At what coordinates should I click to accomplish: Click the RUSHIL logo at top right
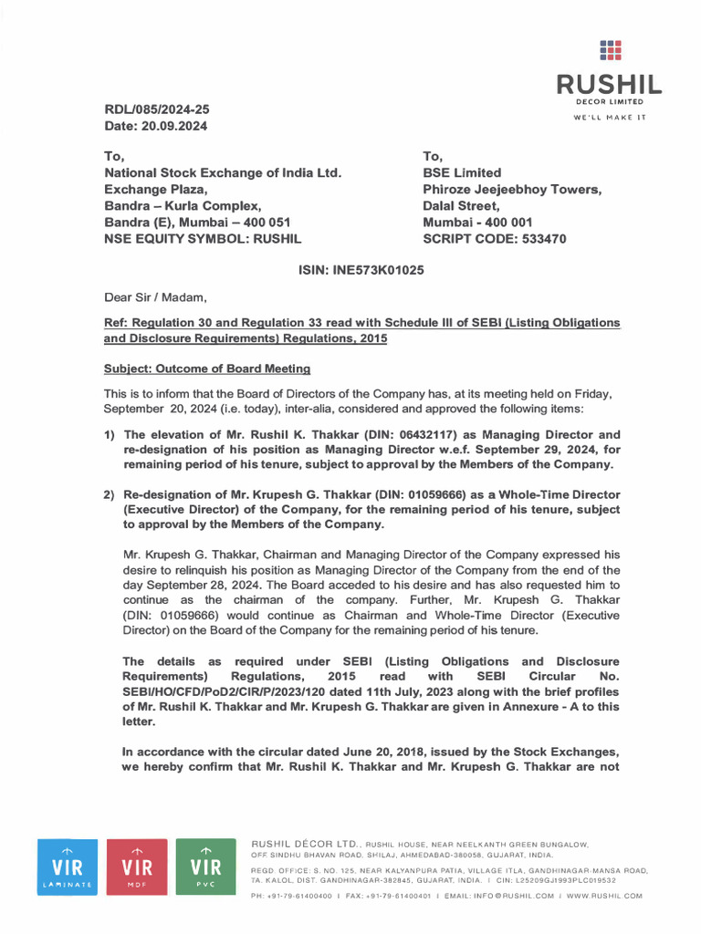tap(610, 74)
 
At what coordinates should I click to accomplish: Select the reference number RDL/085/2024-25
tap(157, 109)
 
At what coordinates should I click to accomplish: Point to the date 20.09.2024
tap(175, 126)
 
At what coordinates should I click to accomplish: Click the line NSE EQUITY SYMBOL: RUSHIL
tap(203, 239)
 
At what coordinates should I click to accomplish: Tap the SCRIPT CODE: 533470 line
tap(494, 239)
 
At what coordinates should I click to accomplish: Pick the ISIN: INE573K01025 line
tap(361, 270)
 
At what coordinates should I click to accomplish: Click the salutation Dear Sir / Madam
tap(155, 296)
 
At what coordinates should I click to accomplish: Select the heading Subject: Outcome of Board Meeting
tap(207, 368)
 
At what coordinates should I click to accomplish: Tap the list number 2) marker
tap(110, 494)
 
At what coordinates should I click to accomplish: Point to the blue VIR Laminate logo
tap(67, 866)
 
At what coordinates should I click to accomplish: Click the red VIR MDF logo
tap(136, 866)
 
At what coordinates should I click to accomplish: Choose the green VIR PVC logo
tap(205, 866)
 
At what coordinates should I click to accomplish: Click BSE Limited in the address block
tap(462, 172)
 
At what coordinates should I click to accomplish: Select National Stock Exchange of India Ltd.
tap(223, 172)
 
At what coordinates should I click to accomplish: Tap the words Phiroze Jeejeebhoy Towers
tap(511, 189)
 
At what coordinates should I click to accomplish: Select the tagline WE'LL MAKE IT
tap(610, 118)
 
